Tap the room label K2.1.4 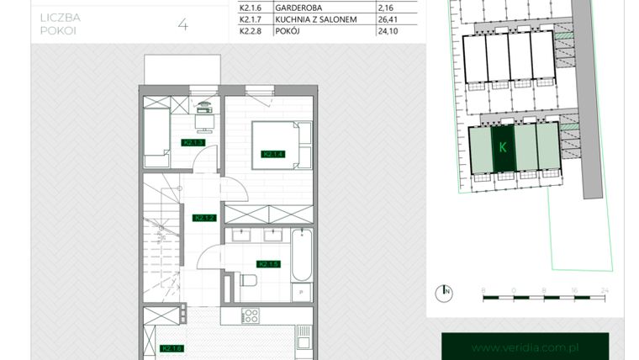point(274,154)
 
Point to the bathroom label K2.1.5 point(268,263)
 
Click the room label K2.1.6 point(172,348)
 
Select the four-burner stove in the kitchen point(249,316)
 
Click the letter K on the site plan point(502,148)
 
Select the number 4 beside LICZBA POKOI point(183,24)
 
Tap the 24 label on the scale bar point(601,289)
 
